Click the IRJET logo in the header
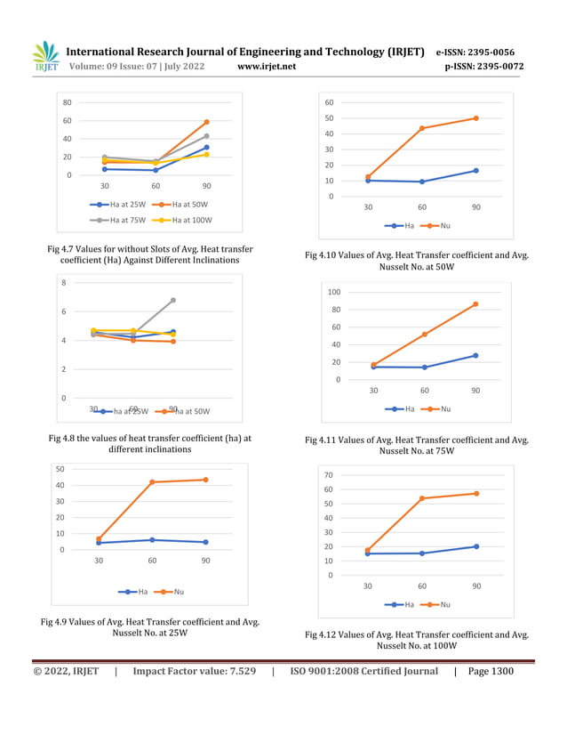(45, 57)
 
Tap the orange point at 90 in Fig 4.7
(206, 122)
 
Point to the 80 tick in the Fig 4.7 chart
(67, 102)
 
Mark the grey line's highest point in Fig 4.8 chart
(173, 300)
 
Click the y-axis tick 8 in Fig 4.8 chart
(63, 283)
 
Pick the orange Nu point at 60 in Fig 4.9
(152, 482)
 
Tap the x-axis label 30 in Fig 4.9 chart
(99, 561)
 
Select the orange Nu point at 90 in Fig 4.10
(476, 118)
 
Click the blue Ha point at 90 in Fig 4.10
(476, 171)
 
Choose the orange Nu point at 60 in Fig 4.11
(425, 335)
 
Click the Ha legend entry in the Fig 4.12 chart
(399, 604)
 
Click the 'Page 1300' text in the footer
(490, 671)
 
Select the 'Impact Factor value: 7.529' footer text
(194, 671)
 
